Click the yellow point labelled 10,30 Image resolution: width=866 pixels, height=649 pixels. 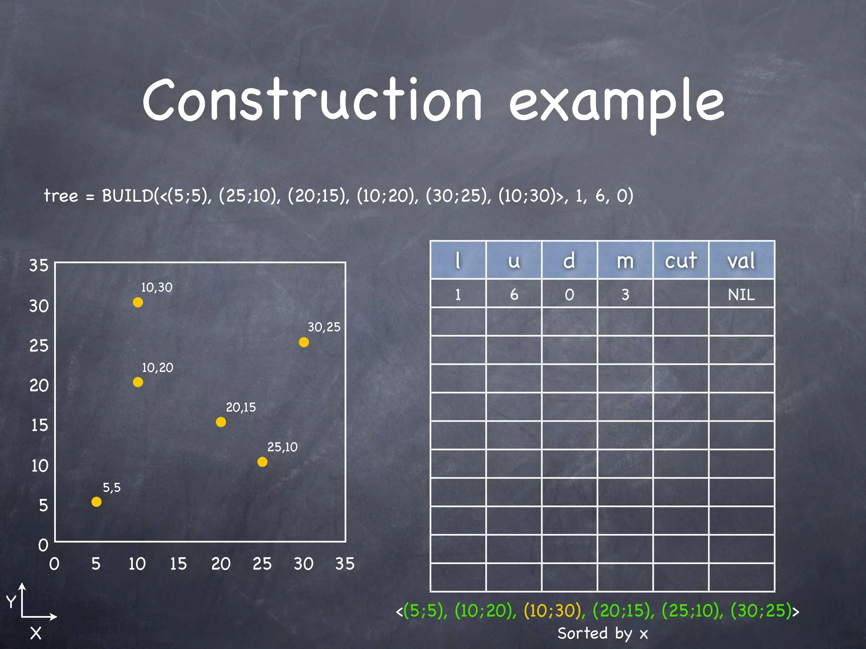[x=138, y=303]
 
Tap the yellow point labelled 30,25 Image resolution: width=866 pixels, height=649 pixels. [x=304, y=342]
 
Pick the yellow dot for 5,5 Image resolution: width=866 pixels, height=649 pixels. [x=96, y=502]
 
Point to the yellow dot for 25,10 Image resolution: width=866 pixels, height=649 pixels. [x=262, y=462]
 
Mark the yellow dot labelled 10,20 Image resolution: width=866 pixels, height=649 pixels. [x=138, y=382]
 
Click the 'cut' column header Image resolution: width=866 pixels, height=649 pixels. [x=680, y=260]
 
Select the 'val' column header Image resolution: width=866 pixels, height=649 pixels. [x=741, y=260]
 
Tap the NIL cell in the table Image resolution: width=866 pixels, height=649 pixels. [x=741, y=295]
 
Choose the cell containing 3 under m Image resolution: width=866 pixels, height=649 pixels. [x=625, y=295]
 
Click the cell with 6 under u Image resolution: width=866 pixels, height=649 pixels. [x=514, y=295]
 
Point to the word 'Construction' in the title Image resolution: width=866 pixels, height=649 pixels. [x=312, y=101]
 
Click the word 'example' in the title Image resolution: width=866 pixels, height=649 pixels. [x=617, y=104]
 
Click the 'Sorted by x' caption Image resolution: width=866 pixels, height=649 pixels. [x=603, y=633]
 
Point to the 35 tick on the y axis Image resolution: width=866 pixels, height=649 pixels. [x=39, y=265]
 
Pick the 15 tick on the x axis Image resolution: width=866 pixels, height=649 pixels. [x=178, y=564]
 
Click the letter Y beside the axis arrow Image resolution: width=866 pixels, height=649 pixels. [x=11, y=601]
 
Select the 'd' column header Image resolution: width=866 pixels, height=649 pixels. [x=569, y=260]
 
